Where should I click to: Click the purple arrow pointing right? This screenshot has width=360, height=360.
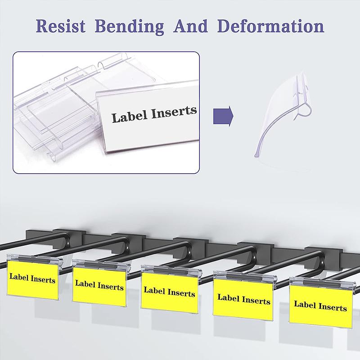pyautogui.click(x=223, y=116)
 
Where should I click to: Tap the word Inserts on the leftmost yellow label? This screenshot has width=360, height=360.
pyautogui.click(x=43, y=279)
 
